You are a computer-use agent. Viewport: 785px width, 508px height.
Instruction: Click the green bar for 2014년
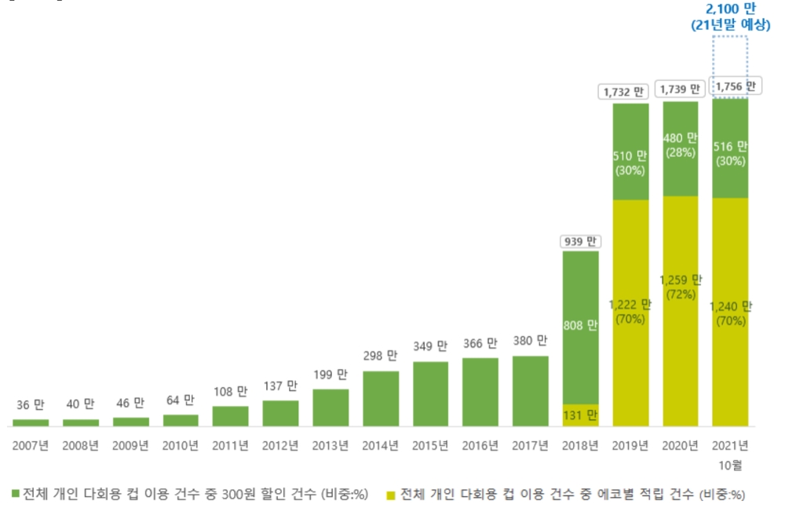381,398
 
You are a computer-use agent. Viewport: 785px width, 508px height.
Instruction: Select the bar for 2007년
31,422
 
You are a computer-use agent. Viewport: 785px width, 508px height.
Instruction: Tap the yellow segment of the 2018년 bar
580,415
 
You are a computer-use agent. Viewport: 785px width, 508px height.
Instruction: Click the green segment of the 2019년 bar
630,152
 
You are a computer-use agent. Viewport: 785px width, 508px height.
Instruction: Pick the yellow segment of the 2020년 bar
681,311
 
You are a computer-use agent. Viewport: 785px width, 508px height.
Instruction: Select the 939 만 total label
580,242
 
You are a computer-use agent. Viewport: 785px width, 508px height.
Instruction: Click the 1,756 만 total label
731,86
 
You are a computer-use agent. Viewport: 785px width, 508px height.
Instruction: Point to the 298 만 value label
381,356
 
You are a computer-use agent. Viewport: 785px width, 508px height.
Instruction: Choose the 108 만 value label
231,391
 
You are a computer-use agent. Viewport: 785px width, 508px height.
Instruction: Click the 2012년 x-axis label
280,446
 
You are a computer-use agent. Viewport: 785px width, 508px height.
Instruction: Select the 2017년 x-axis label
531,446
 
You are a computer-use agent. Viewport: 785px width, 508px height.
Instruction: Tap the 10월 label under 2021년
731,464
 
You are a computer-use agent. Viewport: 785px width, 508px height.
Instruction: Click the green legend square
15,495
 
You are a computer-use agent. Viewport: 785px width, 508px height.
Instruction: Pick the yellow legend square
392,495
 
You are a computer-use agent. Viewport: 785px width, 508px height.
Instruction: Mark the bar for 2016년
480,392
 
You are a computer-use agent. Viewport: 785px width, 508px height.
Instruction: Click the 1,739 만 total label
681,90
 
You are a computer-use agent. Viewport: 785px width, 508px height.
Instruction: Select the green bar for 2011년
231,416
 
